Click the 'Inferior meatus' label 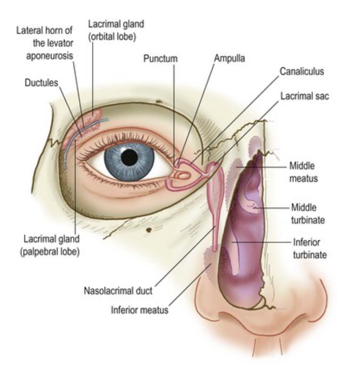tap(140, 310)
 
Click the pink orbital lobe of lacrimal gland tap(94, 117)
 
